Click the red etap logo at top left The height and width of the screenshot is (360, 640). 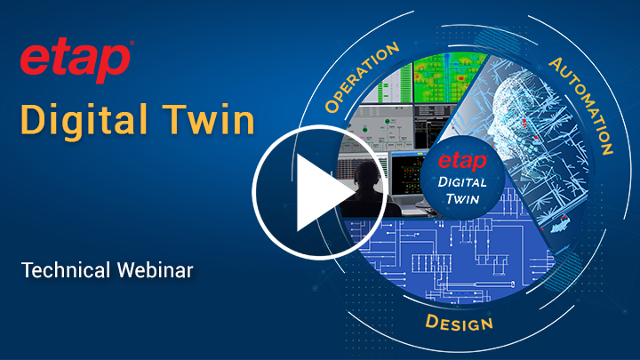click(75, 62)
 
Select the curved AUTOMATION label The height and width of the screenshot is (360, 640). click(583, 103)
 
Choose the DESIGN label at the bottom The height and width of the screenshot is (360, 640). click(459, 321)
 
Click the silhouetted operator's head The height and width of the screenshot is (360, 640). click(364, 172)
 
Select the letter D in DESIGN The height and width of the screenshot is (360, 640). click(431, 318)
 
